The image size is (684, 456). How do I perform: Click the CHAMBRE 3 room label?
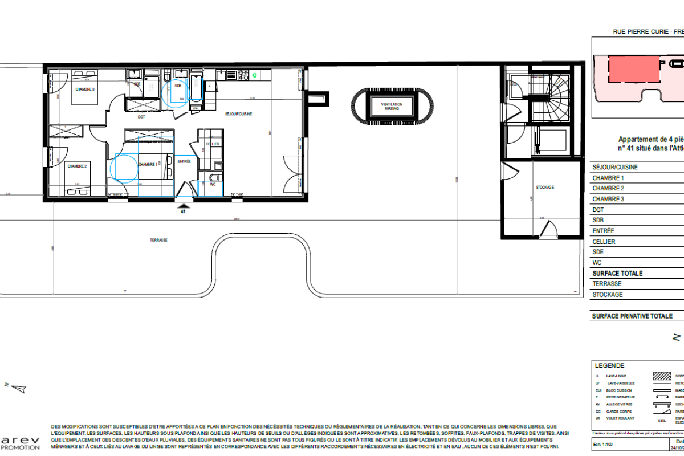coord(84,89)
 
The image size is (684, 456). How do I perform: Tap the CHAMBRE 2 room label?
coord(77,166)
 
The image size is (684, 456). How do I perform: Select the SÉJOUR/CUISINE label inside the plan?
coord(238,114)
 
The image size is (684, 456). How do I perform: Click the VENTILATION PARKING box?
coord(392,106)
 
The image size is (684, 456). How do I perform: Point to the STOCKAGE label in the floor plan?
coord(545,187)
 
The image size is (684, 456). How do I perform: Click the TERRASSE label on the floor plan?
coord(160,240)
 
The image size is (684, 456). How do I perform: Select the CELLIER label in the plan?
coord(213,144)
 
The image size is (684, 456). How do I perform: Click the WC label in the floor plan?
coord(213,184)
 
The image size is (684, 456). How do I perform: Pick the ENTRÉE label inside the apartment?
coord(184,162)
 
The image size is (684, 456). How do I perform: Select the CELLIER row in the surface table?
coord(604,242)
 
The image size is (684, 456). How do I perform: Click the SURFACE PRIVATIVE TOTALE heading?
coord(632,316)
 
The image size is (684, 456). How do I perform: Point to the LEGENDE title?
coord(609,366)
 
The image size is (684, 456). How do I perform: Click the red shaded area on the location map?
coord(630,70)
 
